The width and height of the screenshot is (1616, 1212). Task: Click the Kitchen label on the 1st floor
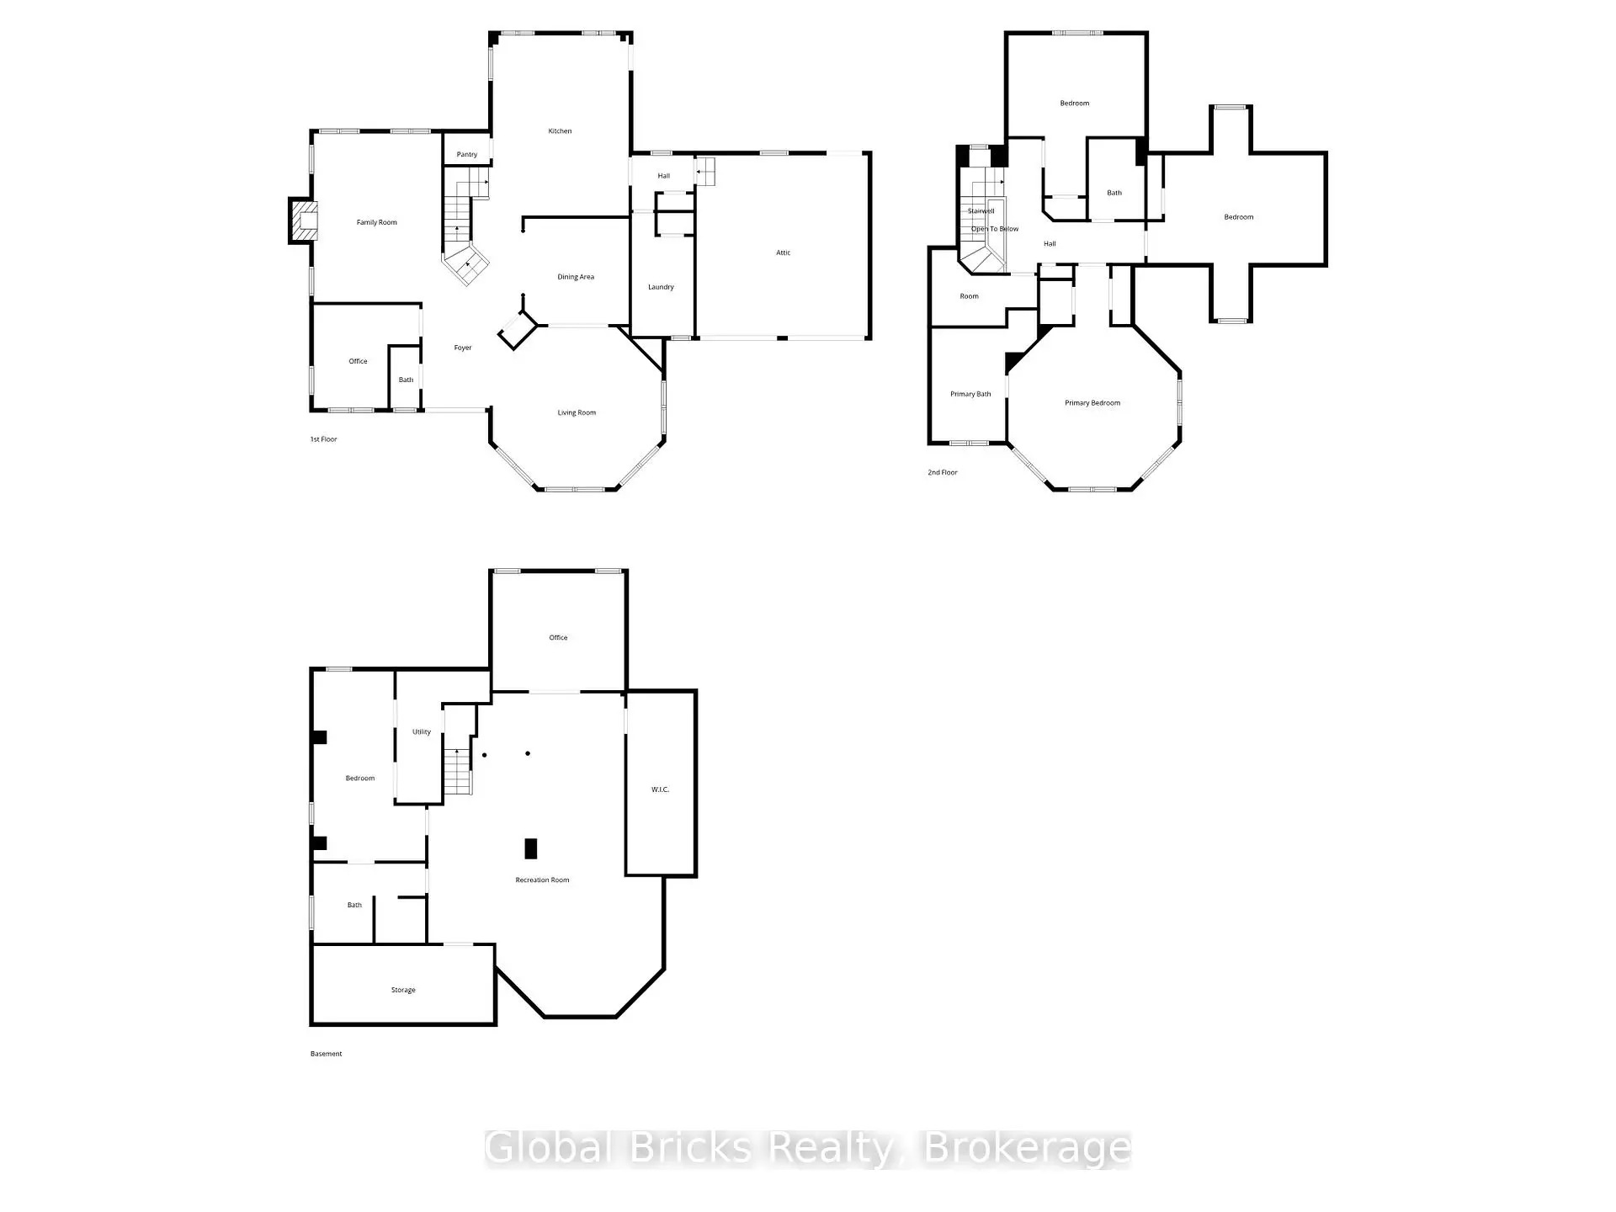pyautogui.click(x=560, y=131)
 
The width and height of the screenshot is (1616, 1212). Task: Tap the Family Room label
pyautogui.click(x=376, y=223)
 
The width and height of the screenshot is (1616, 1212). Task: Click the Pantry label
pyautogui.click(x=467, y=155)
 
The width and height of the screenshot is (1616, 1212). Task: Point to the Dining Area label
pyautogui.click(x=576, y=277)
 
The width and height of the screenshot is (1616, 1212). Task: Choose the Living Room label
pyautogui.click(x=577, y=413)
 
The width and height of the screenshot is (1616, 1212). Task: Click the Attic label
pyautogui.click(x=783, y=252)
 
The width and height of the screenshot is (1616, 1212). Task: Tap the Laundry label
pyautogui.click(x=661, y=287)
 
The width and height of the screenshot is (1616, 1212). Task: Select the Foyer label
pyautogui.click(x=463, y=348)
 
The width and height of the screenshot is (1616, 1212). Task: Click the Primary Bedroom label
pyautogui.click(x=1092, y=403)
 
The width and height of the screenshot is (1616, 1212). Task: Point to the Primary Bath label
pyautogui.click(x=970, y=394)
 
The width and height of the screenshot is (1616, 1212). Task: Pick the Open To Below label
pyautogui.click(x=995, y=229)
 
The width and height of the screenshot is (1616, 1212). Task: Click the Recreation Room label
pyautogui.click(x=542, y=880)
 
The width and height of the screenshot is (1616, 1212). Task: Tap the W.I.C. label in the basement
pyautogui.click(x=660, y=789)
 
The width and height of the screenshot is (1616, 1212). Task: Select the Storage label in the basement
pyautogui.click(x=403, y=991)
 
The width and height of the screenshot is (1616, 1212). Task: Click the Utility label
pyautogui.click(x=422, y=732)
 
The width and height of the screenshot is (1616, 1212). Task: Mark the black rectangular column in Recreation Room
pyautogui.click(x=531, y=848)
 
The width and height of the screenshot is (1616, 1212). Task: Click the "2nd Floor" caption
pyautogui.click(x=943, y=473)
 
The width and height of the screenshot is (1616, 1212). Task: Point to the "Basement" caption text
pyautogui.click(x=326, y=1054)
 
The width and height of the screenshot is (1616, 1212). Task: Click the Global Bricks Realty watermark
pyautogui.click(x=808, y=1149)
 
